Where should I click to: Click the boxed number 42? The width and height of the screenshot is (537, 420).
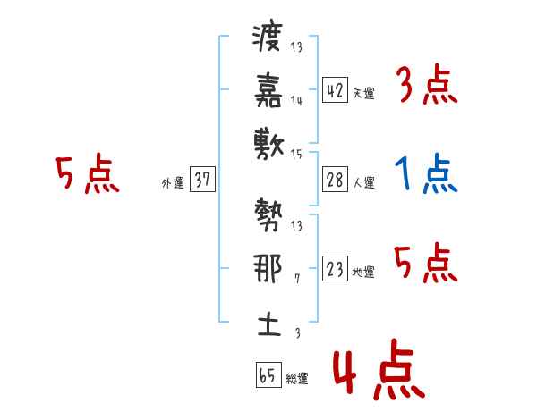pyautogui.click(x=335, y=90)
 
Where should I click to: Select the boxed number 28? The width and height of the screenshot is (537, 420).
pyautogui.click(x=335, y=181)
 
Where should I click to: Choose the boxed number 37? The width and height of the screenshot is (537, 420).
pyautogui.click(x=202, y=181)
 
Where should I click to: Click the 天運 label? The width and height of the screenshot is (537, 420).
pyautogui.click(x=363, y=93)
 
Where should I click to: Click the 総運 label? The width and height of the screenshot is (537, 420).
pyautogui.click(x=297, y=379)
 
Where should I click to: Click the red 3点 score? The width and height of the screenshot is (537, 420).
pyautogui.click(x=427, y=86)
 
